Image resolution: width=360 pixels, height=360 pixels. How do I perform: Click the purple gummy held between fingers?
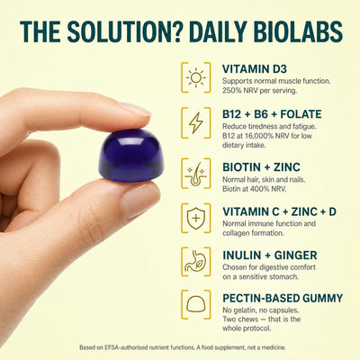(x=132, y=156)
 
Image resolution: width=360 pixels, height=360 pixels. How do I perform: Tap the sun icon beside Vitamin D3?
(x=196, y=77)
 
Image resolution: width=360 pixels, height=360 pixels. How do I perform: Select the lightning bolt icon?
(x=196, y=123)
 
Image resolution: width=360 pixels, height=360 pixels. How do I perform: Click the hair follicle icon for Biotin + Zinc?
(x=196, y=174)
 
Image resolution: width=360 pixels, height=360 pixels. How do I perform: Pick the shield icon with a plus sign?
(x=196, y=219)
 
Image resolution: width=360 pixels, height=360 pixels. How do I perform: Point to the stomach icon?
(x=196, y=262)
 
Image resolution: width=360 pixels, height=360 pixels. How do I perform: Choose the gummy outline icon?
(x=196, y=304)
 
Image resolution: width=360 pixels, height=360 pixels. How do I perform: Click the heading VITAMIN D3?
(x=255, y=69)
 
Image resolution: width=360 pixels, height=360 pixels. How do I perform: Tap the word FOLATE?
(x=301, y=114)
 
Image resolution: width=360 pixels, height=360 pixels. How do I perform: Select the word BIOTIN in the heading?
(x=241, y=167)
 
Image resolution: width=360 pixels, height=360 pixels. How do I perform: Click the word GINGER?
(x=295, y=256)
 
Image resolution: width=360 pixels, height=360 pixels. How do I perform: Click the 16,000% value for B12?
(x=255, y=136)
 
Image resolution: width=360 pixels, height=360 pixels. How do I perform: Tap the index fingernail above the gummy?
(x=136, y=109)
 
